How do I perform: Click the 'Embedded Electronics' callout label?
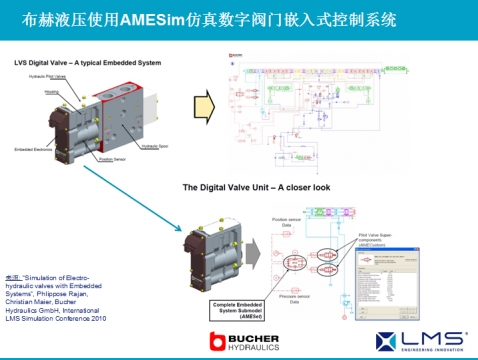pos(33,149)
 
